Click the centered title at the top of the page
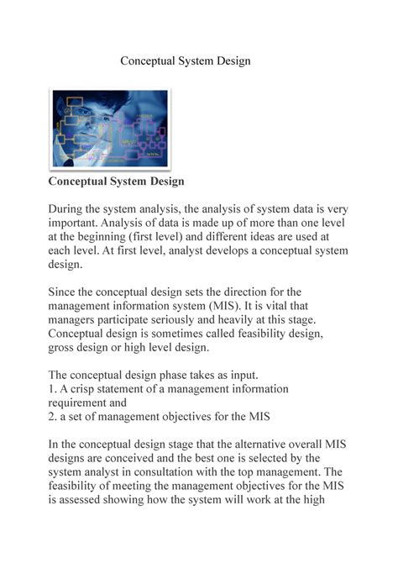[185, 61]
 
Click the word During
[69, 208]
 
